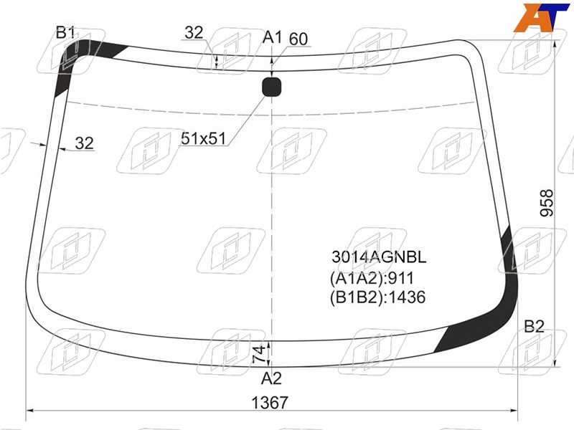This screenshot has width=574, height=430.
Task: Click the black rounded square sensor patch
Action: point(272,87)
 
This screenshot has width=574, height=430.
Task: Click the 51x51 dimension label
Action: point(204,138)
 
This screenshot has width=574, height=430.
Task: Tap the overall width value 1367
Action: point(270,403)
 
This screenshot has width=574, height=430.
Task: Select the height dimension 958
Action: point(547,203)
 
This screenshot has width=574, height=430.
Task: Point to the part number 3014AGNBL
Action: point(379,257)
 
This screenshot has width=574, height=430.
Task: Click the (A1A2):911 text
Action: point(372,278)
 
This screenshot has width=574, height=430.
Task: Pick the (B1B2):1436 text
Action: point(377,297)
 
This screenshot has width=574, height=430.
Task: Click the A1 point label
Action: point(273,37)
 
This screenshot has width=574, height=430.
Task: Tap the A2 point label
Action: point(271,379)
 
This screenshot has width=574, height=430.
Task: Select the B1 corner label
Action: point(65,32)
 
